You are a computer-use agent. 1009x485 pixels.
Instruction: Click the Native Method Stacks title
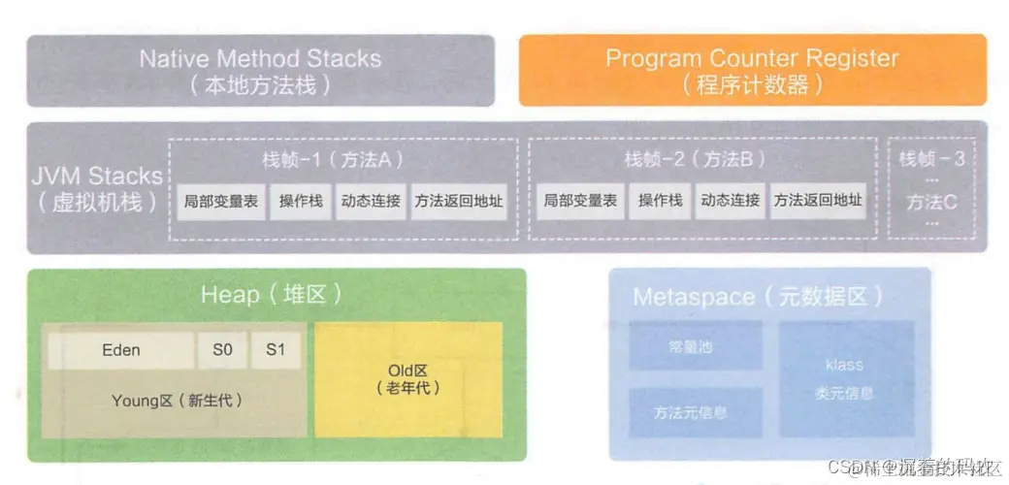(x=260, y=59)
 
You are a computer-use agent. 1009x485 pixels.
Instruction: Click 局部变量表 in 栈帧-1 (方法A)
(x=222, y=201)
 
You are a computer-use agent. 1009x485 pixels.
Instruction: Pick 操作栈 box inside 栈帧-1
(x=301, y=201)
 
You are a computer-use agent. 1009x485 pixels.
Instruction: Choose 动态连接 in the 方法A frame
(x=370, y=201)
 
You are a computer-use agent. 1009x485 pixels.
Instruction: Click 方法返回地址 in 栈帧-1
(x=459, y=201)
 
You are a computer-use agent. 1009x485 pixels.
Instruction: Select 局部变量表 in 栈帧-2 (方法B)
(x=579, y=201)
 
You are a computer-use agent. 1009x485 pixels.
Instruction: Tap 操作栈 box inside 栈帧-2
(x=660, y=201)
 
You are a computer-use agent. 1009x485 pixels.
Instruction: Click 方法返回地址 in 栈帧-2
(x=817, y=201)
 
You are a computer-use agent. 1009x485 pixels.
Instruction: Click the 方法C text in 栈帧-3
(x=931, y=203)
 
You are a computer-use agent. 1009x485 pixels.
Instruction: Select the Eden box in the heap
(x=120, y=350)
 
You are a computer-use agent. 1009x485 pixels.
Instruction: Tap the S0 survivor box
(x=222, y=350)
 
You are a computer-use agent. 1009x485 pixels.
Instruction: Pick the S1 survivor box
(x=276, y=350)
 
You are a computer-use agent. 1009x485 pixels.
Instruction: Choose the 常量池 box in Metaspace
(x=695, y=345)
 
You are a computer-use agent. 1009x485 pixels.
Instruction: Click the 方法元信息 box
(x=695, y=412)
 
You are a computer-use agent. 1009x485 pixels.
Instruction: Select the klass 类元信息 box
(x=845, y=378)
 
